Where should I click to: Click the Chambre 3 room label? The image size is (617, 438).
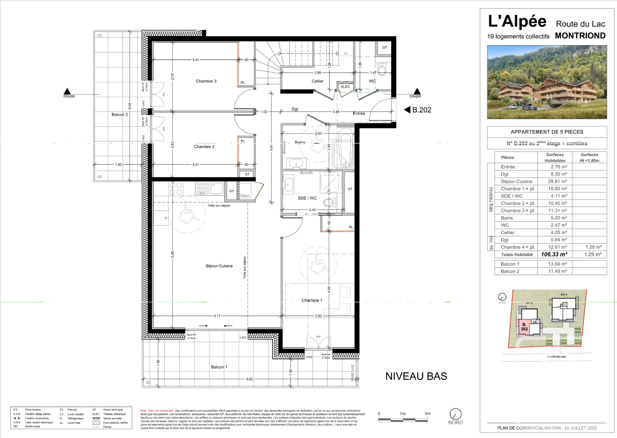(206, 81)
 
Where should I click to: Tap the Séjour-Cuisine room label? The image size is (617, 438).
(219, 266)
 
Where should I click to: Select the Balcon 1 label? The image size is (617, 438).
(219, 367)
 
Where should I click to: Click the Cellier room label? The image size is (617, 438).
(317, 81)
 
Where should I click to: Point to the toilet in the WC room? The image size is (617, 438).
(382, 70)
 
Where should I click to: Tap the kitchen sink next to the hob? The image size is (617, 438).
(210, 188)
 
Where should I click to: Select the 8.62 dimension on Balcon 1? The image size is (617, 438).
(249, 379)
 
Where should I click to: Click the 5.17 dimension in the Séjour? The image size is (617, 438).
(217, 316)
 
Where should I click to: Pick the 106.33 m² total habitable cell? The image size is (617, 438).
(554, 254)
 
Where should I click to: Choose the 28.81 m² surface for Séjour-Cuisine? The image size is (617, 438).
(557, 181)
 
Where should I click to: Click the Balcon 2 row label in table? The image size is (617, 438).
(510, 271)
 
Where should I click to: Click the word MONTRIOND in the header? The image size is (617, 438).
(580, 36)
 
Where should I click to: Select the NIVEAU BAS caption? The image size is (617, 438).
(416, 376)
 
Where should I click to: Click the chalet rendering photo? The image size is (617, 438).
(547, 82)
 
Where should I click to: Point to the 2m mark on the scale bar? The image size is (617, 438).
(427, 414)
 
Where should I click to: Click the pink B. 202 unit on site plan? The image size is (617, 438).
(524, 327)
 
